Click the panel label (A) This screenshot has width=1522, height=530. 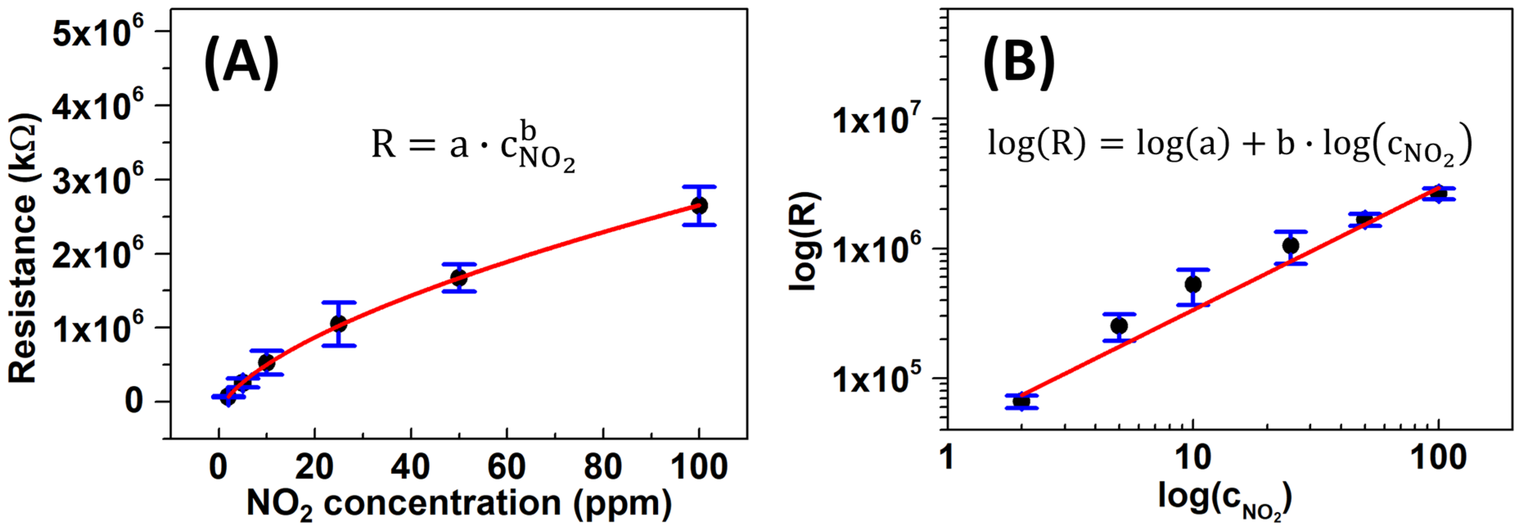click(x=241, y=62)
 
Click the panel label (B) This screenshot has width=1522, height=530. click(x=1019, y=62)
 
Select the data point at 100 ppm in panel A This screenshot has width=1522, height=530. click(x=699, y=205)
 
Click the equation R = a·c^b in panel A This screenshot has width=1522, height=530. click(x=473, y=145)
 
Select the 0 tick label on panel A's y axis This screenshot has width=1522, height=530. click(x=133, y=402)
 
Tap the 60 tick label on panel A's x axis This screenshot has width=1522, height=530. click(x=507, y=467)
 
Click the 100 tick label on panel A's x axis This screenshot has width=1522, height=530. click(x=699, y=467)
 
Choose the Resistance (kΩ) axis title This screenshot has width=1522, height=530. click(x=24, y=248)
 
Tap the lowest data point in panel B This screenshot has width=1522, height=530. click(x=1022, y=401)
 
